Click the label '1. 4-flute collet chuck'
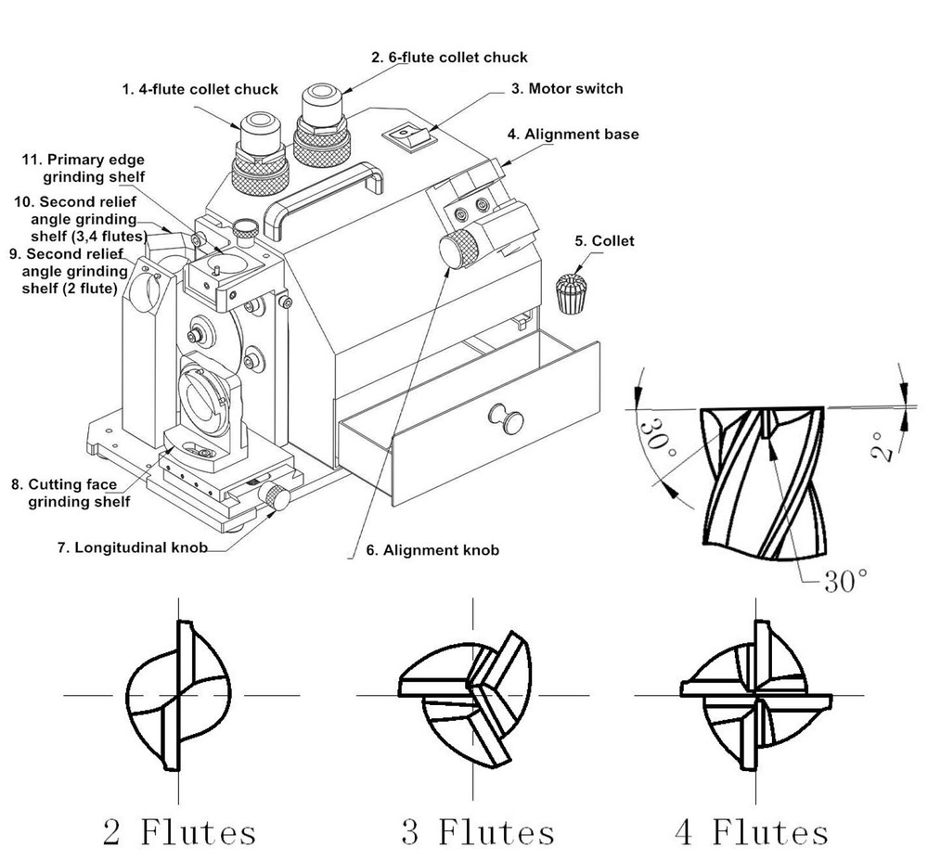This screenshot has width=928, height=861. point(200,89)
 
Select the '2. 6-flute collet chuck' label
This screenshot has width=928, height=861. point(449,58)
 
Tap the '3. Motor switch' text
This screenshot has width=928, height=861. point(566,89)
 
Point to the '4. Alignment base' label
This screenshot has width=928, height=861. point(573,135)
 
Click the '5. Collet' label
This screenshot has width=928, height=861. point(604,241)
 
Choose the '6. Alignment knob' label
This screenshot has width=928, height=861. point(432,550)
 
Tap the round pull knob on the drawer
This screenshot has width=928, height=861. point(509,417)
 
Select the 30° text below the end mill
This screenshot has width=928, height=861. point(844,581)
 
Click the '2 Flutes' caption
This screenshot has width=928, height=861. point(180,830)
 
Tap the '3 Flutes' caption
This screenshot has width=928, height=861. point(477,830)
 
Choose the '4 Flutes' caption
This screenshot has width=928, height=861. point(751,830)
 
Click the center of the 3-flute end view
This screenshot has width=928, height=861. point(475,691)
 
